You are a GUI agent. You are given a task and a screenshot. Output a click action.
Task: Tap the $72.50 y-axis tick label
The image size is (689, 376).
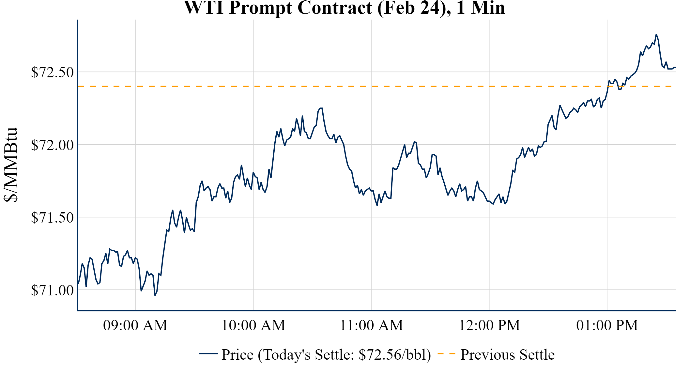coord(52,72)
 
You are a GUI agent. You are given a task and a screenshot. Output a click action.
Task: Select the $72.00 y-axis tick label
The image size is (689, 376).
coord(52,145)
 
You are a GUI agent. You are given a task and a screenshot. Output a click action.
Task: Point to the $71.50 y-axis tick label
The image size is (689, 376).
coord(52,217)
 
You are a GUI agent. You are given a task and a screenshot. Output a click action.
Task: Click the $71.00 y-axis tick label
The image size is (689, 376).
coord(52,290)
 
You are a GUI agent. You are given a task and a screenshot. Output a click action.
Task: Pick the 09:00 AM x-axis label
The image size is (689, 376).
coord(135,325)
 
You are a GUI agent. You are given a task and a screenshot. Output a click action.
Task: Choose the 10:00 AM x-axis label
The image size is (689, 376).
coord(253,325)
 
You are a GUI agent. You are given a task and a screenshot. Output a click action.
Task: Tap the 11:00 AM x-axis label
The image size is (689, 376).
coord(372,325)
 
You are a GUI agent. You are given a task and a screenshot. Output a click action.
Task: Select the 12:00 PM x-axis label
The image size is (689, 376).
coord(489,325)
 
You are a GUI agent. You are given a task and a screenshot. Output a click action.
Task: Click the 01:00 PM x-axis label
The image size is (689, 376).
coord(607,325)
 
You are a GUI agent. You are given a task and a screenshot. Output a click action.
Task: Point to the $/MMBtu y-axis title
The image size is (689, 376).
coord(10,165)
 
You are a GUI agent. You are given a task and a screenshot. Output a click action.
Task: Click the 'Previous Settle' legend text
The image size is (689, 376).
coord(507,355)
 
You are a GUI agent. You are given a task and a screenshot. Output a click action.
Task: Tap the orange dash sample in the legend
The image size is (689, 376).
coord(446,353)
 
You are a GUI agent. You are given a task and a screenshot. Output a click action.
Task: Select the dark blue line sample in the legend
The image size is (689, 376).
coord(208,353)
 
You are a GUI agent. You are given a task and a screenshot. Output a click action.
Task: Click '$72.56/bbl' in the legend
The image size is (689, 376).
coord(394,355)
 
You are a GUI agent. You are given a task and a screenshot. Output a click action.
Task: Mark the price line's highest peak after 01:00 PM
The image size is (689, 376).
coord(656,34)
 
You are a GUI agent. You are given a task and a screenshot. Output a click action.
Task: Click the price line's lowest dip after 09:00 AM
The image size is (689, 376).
coord(155,295)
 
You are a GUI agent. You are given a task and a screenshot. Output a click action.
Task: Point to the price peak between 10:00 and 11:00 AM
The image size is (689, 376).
coord(321,108)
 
